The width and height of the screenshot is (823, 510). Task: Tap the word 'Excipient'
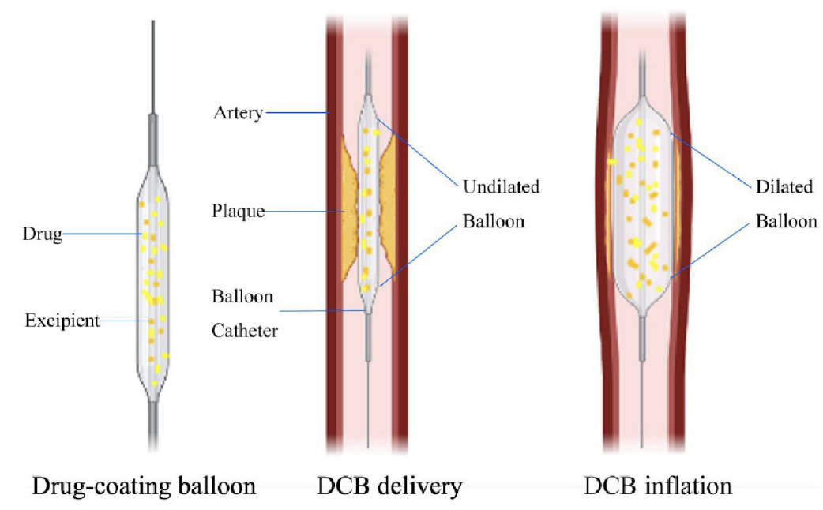pyautogui.click(x=62, y=321)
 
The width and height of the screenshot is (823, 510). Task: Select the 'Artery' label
pyautogui.click(x=237, y=112)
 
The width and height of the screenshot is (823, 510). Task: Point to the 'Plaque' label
pyautogui.click(x=238, y=212)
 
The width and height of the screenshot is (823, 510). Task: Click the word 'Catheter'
pyautogui.click(x=244, y=331)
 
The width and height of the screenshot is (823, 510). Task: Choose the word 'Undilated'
pyautogui.click(x=501, y=187)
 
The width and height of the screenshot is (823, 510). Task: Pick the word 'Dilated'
pyautogui.click(x=784, y=187)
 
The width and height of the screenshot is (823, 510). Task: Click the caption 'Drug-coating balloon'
pyautogui.click(x=144, y=486)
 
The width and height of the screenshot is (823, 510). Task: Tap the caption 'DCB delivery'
pyautogui.click(x=390, y=486)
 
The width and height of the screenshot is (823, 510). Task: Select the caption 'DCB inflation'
pyautogui.click(x=657, y=486)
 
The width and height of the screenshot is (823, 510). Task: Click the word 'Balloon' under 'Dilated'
pyautogui.click(x=786, y=221)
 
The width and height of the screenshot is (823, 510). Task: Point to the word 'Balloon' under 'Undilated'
pyautogui.click(x=493, y=221)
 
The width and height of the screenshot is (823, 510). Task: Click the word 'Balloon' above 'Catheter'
pyautogui.click(x=242, y=297)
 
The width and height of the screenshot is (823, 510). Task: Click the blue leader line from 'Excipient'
pyautogui.click(x=126, y=321)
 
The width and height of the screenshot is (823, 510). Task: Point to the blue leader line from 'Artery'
pyautogui.click(x=295, y=112)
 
